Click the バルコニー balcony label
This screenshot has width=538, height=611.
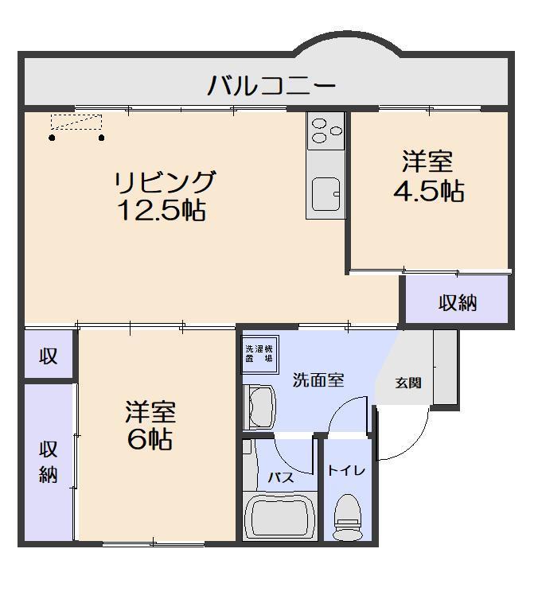[x=271, y=84]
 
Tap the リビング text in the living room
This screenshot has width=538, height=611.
[x=165, y=182]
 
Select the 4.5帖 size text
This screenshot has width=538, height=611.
[x=428, y=191]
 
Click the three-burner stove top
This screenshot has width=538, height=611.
[x=326, y=130]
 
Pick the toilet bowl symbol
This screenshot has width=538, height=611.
[x=347, y=516]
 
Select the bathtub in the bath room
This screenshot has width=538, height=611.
[x=280, y=517]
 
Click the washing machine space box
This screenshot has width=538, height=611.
[x=259, y=353]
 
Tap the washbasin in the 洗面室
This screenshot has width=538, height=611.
[x=259, y=407]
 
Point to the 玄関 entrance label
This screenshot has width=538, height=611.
[x=408, y=383]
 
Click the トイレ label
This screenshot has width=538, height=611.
[x=346, y=470]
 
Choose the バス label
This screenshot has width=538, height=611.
[x=280, y=477]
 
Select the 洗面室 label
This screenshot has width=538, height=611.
[x=318, y=379]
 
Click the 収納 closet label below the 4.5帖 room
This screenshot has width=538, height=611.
[x=458, y=302]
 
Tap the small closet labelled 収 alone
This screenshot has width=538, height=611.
[x=49, y=356]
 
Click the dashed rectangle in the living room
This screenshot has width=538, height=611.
[x=76, y=122]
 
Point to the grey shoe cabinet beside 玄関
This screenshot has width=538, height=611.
[x=446, y=367]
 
